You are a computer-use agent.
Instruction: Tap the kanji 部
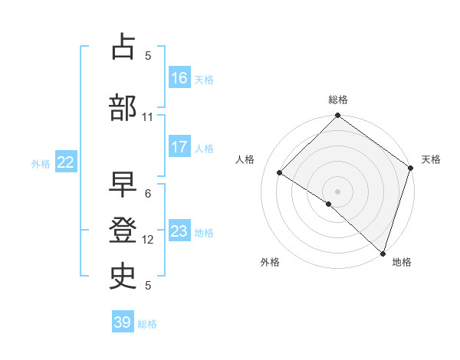pos(123,108)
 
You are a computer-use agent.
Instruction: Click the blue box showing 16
pos(179,77)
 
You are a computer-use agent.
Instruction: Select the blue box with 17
pos(179,147)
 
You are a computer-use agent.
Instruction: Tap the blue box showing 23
pos(179,231)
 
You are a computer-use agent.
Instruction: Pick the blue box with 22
pos(66,162)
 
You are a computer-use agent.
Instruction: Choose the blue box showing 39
pos(123,322)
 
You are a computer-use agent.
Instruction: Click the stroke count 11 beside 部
pos(148,117)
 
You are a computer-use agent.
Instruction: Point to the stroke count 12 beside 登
pos(148,240)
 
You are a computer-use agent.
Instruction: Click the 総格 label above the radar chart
pos(338,100)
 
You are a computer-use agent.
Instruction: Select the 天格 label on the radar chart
pos(431,159)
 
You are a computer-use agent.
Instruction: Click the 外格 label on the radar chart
pos(270,263)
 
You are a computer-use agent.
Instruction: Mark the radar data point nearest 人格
pos(280,172)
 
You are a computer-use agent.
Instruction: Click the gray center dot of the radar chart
pos(337,191)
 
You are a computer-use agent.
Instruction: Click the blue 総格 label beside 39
pos(147,324)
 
